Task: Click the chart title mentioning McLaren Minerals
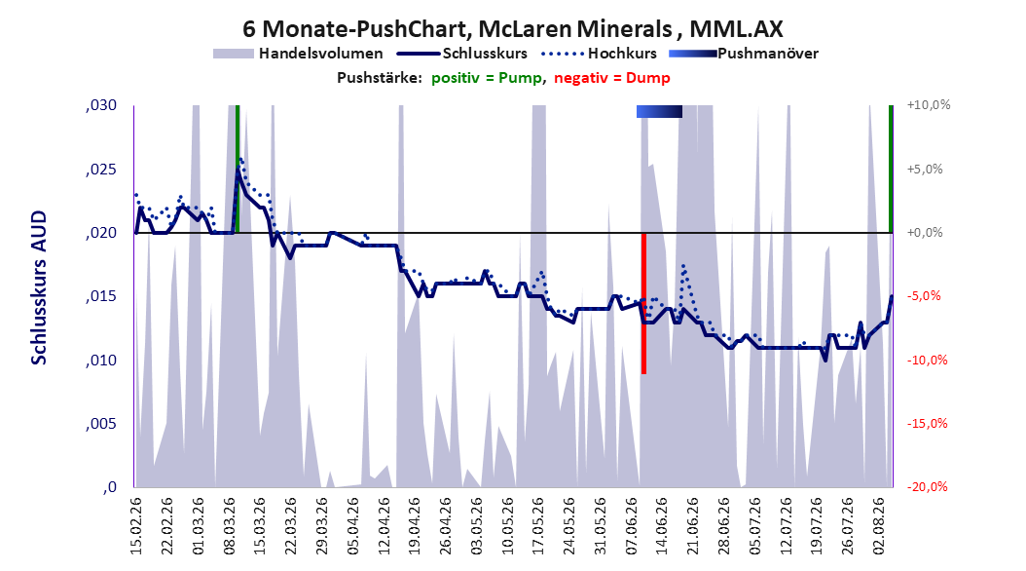coord(512,29)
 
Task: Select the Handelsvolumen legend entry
coord(299,54)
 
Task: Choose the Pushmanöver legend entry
coord(744,54)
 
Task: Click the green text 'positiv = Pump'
coord(486,78)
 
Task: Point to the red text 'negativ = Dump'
coord(612,78)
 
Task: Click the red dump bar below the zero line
coord(643,303)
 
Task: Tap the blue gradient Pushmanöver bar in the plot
coord(660,112)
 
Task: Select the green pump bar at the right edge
coord(891,169)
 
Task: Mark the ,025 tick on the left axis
coord(101,170)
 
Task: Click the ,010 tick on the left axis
coord(101,361)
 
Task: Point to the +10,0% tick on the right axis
coord(929,105)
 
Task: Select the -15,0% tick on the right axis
coord(927,424)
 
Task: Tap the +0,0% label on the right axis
coord(925,233)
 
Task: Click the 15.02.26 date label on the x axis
coord(136,526)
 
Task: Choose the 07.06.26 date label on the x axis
coord(632,526)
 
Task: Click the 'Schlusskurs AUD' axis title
coord(39,287)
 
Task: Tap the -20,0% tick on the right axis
coord(927,487)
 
